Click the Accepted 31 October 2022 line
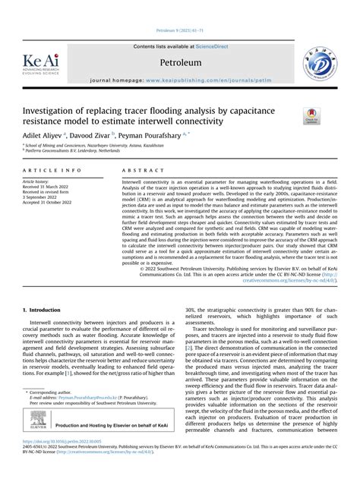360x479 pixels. (52, 203)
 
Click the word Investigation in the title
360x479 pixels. (51, 111)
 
